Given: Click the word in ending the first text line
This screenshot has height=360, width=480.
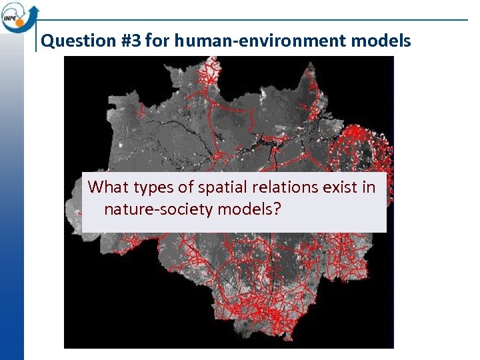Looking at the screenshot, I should (369, 187).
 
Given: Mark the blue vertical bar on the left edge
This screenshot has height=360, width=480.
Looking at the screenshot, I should (12, 200).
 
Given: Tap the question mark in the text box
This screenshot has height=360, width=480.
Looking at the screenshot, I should (276, 209).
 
